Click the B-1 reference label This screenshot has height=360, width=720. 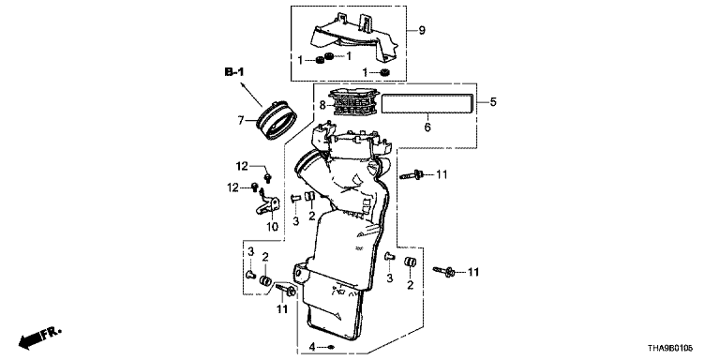click(234, 71)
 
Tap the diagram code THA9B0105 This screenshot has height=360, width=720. click(669, 350)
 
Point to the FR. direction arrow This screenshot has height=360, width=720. click(40, 337)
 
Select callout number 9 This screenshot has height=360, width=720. click(422, 30)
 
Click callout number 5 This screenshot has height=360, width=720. click(493, 101)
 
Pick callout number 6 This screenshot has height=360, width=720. click(427, 127)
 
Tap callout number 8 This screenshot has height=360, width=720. click(322, 106)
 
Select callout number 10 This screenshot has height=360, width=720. click(273, 227)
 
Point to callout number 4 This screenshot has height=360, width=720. click(312, 346)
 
